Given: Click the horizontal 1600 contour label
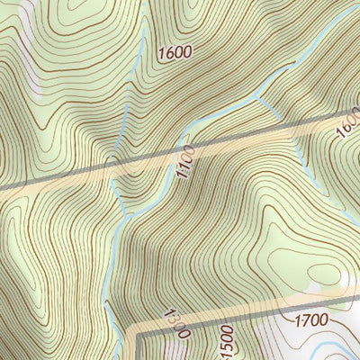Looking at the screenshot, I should coord(174,52).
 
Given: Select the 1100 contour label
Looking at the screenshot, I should coord(185,161).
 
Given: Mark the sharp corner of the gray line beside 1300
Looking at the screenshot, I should coord(138,332).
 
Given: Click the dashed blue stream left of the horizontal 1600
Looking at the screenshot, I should coord(144,45).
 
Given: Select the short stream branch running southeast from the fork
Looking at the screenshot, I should coord(270,108).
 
